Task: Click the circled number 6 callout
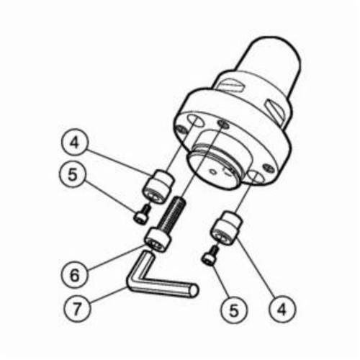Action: (74, 275)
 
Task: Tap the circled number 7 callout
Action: (77, 308)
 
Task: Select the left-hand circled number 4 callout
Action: (74, 143)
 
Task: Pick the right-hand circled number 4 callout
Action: (282, 309)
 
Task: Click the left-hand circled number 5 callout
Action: (73, 174)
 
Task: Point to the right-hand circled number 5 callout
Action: (234, 310)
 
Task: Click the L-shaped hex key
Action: (144, 281)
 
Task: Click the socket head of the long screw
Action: (158, 240)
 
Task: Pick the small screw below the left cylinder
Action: (142, 215)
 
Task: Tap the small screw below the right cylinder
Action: (211, 256)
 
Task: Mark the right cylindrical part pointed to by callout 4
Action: (226, 228)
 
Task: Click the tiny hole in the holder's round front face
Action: (212, 171)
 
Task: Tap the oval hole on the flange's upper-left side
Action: (195, 120)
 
